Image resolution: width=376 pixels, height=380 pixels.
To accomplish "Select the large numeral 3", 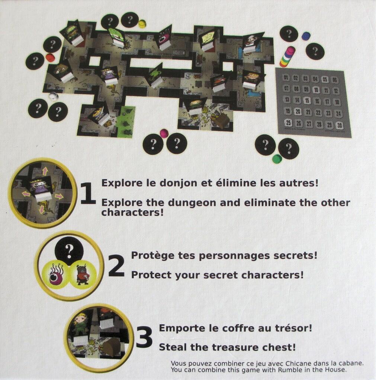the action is coord(144,337).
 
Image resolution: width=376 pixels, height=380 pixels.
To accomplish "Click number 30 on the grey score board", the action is coord(339,125).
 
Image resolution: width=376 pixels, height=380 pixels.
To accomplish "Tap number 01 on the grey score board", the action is coord(286,78).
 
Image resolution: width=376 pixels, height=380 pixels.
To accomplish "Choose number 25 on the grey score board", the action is coord(288,123).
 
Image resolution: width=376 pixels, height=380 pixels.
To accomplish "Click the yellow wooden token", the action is coord(142,24).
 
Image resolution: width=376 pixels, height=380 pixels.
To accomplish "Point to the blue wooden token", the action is coord(306,36).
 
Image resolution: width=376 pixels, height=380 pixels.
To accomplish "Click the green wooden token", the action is coord(277,159).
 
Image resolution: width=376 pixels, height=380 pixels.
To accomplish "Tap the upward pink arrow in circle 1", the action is coord(45,171).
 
